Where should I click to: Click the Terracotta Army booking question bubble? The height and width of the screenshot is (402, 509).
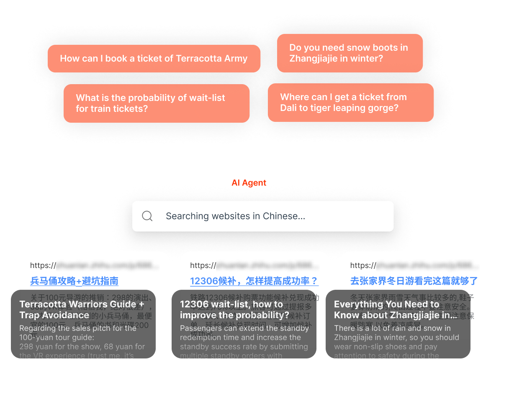(x=154, y=59)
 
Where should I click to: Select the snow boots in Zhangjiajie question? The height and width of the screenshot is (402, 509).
(x=350, y=53)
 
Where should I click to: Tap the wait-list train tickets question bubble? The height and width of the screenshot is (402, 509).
(x=156, y=103)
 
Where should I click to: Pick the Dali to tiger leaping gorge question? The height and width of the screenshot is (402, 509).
(x=350, y=103)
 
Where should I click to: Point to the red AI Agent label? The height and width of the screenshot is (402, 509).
(x=249, y=183)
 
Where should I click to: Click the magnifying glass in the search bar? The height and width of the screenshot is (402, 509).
(x=147, y=216)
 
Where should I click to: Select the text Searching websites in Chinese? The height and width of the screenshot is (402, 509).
(x=235, y=216)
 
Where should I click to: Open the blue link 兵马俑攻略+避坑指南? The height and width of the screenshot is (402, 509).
(x=74, y=281)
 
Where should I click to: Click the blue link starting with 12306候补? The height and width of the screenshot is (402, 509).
(x=254, y=281)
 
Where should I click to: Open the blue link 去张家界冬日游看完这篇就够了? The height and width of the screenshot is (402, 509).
(x=414, y=281)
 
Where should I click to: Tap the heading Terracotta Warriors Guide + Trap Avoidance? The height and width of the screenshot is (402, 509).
(x=82, y=309)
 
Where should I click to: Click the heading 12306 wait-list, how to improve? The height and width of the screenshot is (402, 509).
(x=234, y=309)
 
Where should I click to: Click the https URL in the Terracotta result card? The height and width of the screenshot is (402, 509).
(x=94, y=265)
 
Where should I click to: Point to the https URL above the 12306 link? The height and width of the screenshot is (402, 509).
(x=254, y=265)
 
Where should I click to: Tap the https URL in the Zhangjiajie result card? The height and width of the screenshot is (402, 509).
(x=414, y=265)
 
